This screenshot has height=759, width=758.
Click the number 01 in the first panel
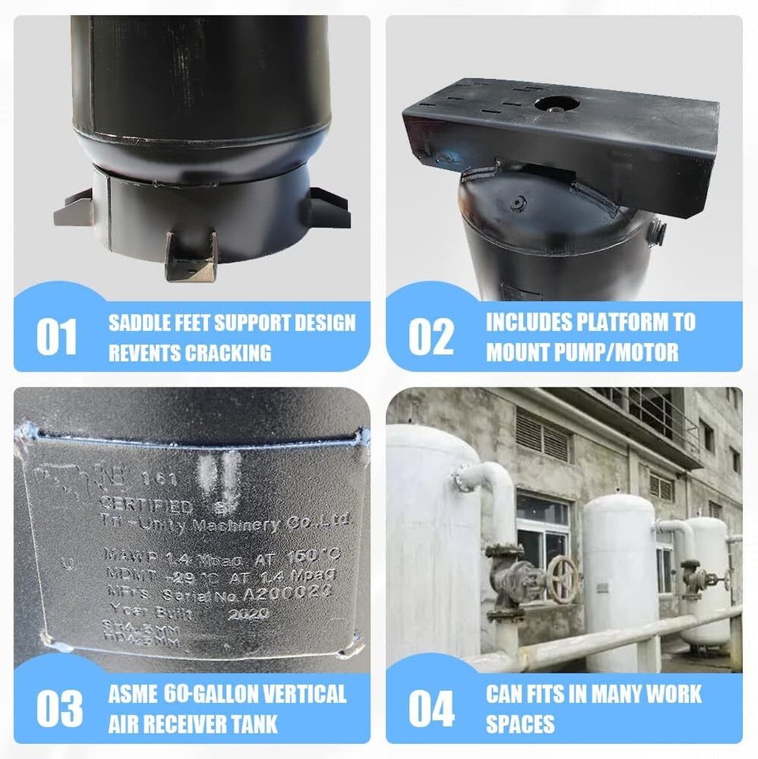pos(57,337)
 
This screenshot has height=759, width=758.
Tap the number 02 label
pos(431,337)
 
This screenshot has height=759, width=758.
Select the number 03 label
pos(59,708)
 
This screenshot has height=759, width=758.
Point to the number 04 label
pos(431,708)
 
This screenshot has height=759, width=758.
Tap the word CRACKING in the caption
pos(229,353)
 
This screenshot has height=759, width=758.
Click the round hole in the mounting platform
pos(556,104)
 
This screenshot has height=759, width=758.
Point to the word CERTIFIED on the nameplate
pos(146,505)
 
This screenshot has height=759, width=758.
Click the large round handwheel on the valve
pos(563,580)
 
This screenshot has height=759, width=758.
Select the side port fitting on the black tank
pos(655,232)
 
